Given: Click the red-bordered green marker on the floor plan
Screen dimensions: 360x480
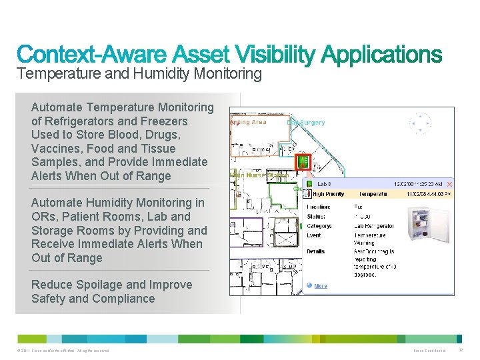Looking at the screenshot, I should click(303, 161).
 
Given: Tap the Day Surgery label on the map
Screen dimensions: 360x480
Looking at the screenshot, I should click(306, 122).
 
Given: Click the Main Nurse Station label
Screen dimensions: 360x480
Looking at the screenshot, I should click(259, 175).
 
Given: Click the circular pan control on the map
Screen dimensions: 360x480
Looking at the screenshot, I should click(420, 123).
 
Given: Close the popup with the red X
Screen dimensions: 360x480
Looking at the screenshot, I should click(449, 184).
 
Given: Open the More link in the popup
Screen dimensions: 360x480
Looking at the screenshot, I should click(321, 286).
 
